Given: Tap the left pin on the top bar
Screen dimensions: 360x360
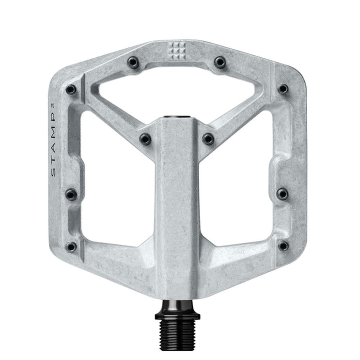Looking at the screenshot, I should click(133, 62).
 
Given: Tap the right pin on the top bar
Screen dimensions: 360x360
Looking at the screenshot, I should click(220, 62).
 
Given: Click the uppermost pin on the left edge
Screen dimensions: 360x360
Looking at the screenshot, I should click(71, 90).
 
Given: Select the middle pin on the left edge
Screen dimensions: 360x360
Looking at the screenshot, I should click(71, 194).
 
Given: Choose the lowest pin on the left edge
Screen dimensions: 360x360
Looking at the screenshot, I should click(71, 246).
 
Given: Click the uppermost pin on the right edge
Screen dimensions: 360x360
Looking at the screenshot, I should click(283, 89).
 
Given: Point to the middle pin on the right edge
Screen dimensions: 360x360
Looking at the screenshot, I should click(282, 193).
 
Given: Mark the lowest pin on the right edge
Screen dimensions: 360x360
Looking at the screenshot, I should click(283, 245).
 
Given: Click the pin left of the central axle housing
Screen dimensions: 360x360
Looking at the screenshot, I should click(145, 139).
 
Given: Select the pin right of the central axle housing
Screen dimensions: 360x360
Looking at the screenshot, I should click(208, 139).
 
